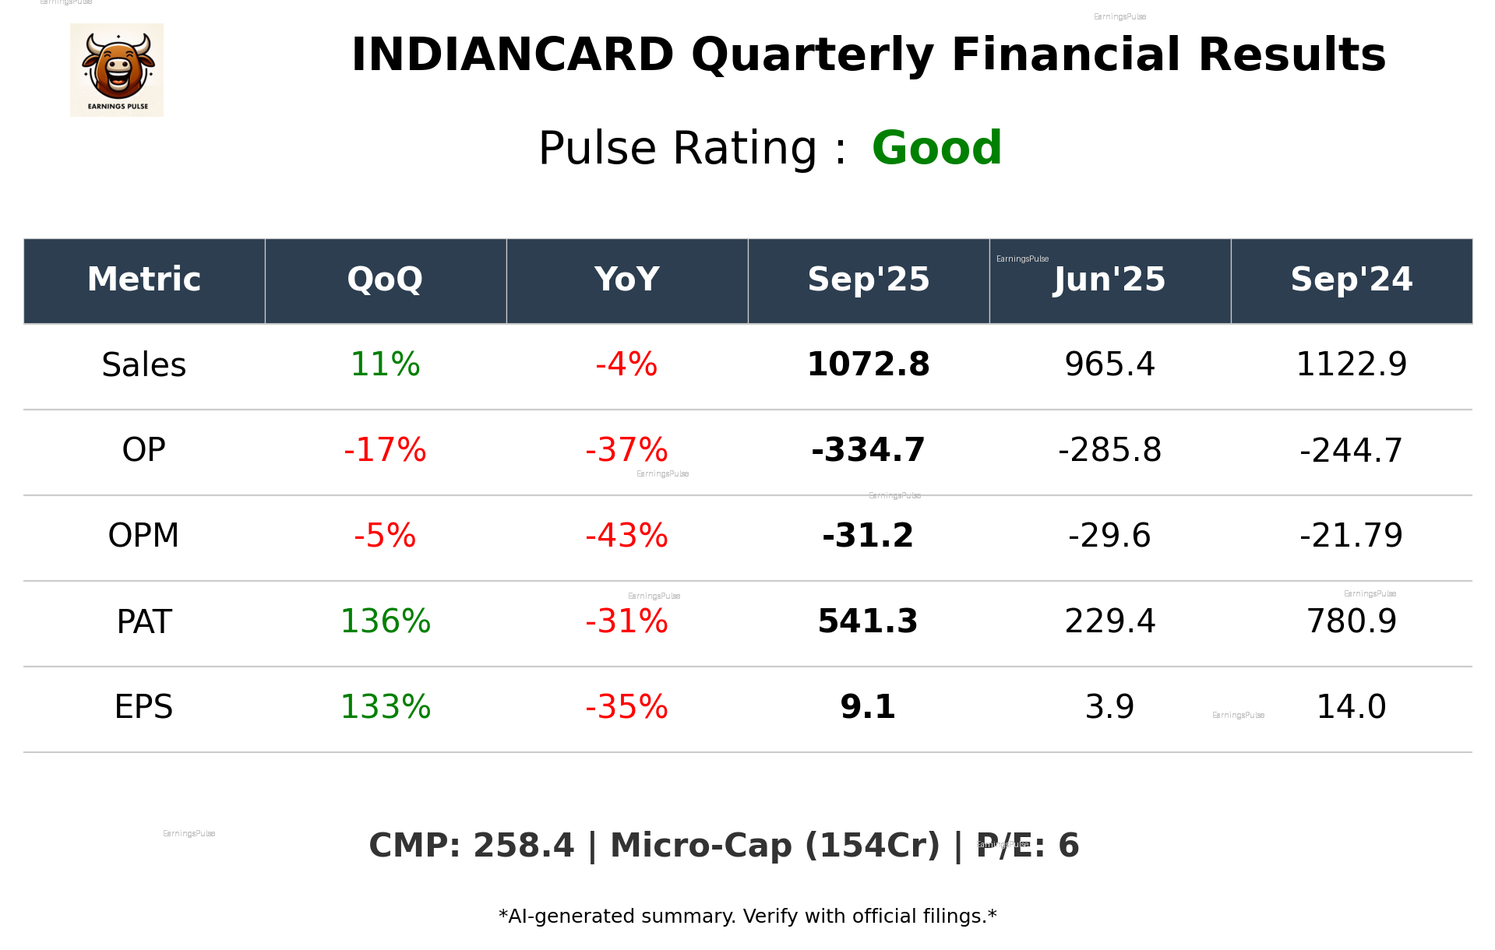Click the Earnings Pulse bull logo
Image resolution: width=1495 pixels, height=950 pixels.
(x=117, y=70)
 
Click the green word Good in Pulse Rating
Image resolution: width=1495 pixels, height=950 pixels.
(x=936, y=148)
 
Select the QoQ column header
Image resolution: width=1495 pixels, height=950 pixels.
(x=385, y=280)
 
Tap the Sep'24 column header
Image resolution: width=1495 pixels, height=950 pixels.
(x=1351, y=280)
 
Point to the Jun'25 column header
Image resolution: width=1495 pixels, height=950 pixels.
(x=1109, y=280)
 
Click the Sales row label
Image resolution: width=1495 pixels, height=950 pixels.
(x=144, y=365)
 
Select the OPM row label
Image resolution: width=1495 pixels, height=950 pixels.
(x=144, y=536)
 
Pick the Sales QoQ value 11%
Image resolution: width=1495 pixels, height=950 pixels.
(x=385, y=365)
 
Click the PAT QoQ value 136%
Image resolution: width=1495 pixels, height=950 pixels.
(x=385, y=621)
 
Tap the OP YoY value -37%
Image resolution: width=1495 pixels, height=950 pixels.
(x=626, y=450)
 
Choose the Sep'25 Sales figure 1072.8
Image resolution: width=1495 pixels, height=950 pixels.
(x=868, y=365)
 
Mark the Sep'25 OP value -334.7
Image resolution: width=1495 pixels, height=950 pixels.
(x=868, y=450)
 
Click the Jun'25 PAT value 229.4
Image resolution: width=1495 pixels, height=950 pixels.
(x=1109, y=621)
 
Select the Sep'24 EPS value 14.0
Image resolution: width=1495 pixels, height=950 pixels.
(x=1351, y=707)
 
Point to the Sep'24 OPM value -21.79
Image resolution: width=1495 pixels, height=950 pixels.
(x=1351, y=536)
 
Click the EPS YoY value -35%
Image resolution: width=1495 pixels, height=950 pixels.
(x=626, y=707)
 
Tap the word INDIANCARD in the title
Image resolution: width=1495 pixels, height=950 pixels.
(x=512, y=55)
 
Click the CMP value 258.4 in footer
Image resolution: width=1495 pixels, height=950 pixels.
(x=523, y=846)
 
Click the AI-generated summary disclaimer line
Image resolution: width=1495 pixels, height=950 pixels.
(x=747, y=917)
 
